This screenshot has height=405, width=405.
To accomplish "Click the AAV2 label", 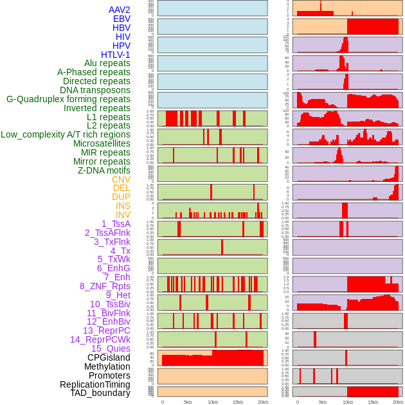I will [x=119, y=10].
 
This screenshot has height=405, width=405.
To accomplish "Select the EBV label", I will [x=121, y=19].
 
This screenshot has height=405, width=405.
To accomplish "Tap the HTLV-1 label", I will [x=115, y=55].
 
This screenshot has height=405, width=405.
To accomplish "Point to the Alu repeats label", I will [x=107, y=63].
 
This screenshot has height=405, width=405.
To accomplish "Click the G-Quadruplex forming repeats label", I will [x=68, y=99].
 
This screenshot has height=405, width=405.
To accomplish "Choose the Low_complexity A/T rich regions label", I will [x=66, y=134].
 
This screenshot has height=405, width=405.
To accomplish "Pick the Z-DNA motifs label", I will [x=104, y=170].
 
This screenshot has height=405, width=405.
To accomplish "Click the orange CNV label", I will [x=121, y=179].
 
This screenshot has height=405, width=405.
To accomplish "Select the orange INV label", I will [x=123, y=215].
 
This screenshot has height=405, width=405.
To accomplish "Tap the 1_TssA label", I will [x=116, y=224].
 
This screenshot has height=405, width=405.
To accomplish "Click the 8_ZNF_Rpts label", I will [x=105, y=286].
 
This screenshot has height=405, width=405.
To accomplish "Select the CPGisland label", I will [x=109, y=357].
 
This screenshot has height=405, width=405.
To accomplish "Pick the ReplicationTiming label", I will [x=95, y=384].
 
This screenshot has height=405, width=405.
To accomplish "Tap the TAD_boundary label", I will [x=100, y=393].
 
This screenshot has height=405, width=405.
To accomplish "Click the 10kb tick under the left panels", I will [x=213, y=402].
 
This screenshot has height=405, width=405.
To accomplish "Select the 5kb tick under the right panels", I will [x=322, y=402].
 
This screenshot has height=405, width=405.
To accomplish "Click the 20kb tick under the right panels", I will [x=398, y=402].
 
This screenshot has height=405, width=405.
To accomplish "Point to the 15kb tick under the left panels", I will [x=238, y=402].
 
